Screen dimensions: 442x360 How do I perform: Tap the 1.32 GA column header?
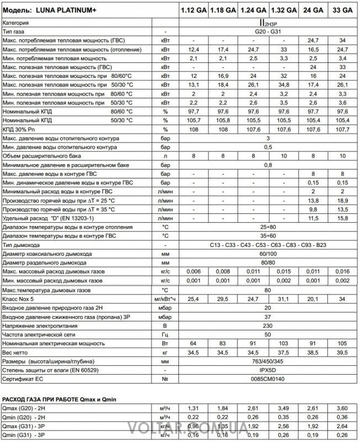click(283, 10)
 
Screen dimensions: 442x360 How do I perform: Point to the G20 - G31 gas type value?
click(268, 33)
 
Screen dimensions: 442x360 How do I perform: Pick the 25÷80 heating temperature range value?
click(268, 226)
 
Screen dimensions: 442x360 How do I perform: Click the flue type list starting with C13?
click(268, 245)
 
